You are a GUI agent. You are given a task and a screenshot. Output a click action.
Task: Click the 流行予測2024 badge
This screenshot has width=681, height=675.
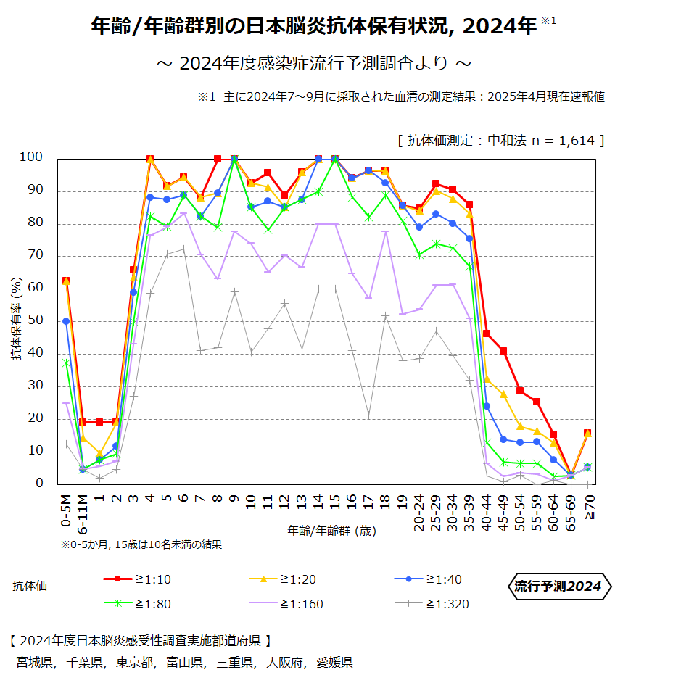(558, 587)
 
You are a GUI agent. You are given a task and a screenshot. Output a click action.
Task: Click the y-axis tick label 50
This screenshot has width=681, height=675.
(36, 321)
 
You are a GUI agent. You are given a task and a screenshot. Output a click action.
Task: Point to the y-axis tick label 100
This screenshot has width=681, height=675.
(31, 157)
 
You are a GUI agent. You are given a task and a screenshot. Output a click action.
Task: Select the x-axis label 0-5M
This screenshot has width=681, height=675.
(65, 511)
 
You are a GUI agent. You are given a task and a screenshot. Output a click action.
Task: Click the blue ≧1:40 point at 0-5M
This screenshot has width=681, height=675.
(66, 321)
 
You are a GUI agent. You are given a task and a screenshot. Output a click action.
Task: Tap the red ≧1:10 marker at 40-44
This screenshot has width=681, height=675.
(487, 334)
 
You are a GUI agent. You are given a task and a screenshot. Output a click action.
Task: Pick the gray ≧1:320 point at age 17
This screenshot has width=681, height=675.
(369, 415)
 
